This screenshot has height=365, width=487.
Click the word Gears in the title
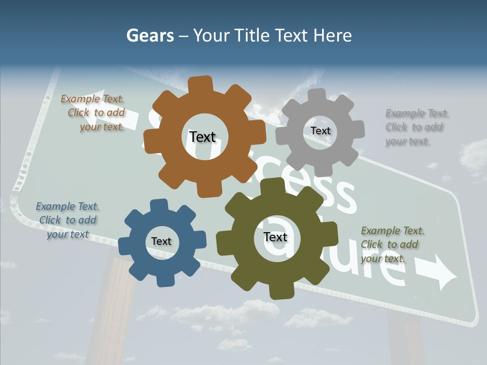pyautogui.click(x=150, y=35)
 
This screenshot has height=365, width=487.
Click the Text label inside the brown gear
pyautogui.click(x=202, y=137)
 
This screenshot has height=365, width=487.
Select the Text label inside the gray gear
pyautogui.click(x=320, y=131)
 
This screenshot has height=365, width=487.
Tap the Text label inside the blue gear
pyautogui.click(x=161, y=241)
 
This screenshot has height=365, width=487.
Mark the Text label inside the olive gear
pyautogui.click(x=275, y=237)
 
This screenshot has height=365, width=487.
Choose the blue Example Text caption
pyautogui.click(x=67, y=220)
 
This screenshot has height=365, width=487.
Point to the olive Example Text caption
pyautogui.click(x=392, y=244)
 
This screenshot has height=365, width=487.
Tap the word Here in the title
pyautogui.click(x=333, y=35)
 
